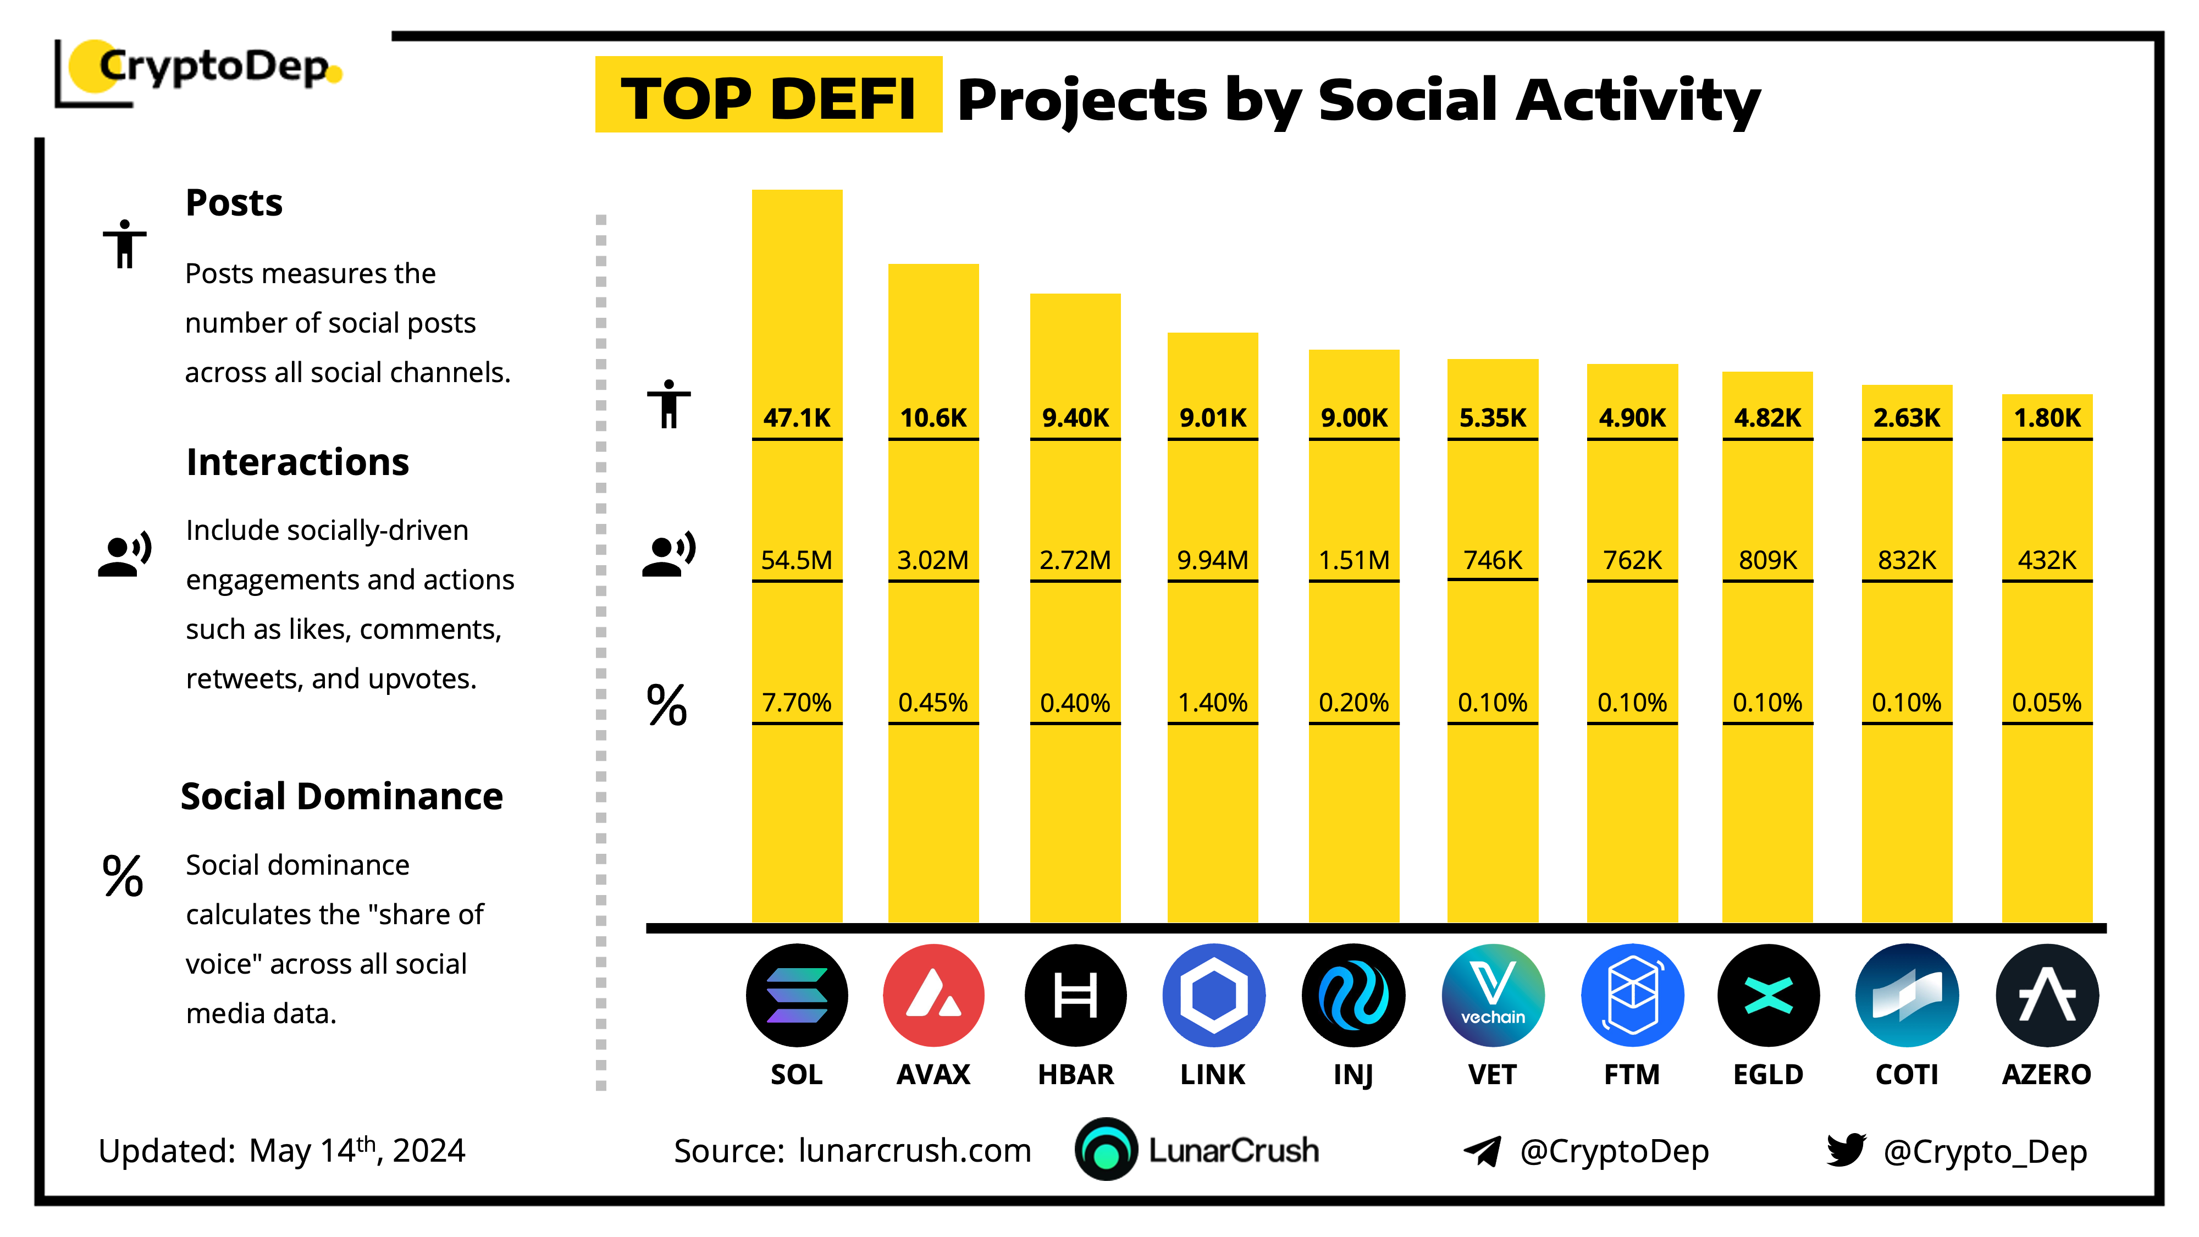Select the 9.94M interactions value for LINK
click(1212, 560)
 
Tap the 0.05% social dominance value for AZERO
click(2046, 703)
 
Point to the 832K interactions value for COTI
click(1906, 560)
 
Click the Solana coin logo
click(797, 996)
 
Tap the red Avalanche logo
click(933, 996)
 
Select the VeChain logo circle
click(1492, 996)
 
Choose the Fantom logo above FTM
click(1632, 996)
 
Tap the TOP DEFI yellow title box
click(769, 95)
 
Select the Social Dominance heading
click(341, 796)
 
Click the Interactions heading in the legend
click(297, 462)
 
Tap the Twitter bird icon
click(1846, 1150)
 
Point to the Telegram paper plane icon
click(1482, 1151)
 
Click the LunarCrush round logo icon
click(1106, 1149)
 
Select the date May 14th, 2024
click(357, 1150)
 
